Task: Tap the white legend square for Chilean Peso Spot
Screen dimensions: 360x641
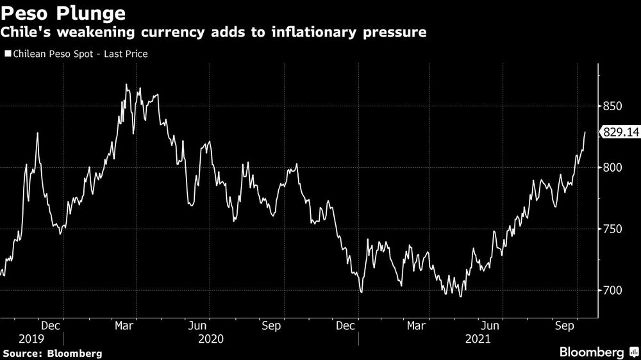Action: (7, 54)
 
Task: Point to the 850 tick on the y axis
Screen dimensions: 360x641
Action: (613, 106)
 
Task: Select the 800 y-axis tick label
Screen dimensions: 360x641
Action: (613, 168)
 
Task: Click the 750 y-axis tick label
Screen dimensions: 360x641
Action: (613, 229)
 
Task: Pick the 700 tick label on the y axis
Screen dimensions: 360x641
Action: (613, 291)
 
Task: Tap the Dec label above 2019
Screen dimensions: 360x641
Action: (52, 325)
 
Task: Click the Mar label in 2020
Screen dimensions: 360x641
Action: (125, 325)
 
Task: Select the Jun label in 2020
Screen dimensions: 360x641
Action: (199, 325)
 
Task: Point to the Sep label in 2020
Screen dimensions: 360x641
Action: (272, 325)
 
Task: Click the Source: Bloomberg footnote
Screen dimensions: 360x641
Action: (53, 353)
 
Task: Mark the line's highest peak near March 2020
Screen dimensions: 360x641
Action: (126, 85)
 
